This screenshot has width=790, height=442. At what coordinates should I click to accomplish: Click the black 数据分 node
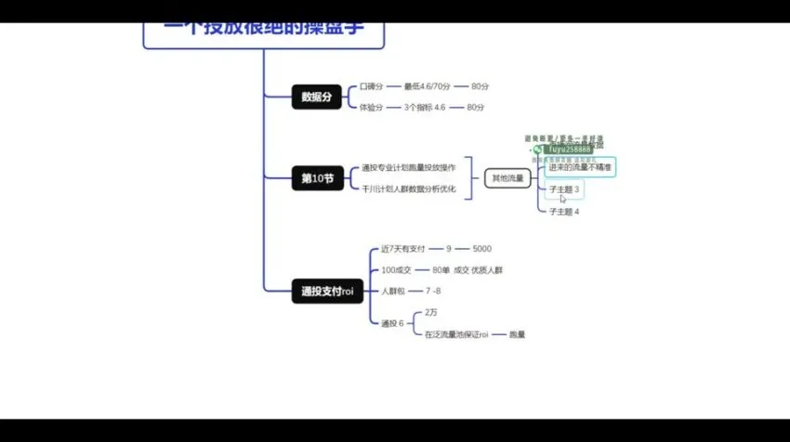click(316, 97)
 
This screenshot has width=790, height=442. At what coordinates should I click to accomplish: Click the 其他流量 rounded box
click(507, 177)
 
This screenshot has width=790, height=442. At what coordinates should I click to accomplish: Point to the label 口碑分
click(371, 86)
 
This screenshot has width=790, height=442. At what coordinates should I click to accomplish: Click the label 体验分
click(371, 108)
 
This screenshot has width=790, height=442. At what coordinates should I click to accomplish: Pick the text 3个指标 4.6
click(426, 108)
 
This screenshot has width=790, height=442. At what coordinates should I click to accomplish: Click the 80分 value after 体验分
click(476, 108)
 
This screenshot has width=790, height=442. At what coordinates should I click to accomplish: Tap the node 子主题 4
click(563, 212)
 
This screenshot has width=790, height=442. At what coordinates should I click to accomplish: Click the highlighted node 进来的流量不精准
click(579, 167)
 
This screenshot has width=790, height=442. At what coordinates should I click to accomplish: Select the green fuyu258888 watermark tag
click(564, 149)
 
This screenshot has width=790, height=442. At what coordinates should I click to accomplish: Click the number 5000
click(481, 249)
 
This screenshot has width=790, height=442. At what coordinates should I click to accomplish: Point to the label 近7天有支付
click(402, 249)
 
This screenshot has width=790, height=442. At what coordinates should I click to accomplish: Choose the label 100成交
click(396, 270)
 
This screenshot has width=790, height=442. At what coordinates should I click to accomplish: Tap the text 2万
click(431, 313)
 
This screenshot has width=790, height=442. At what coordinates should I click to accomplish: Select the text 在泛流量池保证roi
click(456, 334)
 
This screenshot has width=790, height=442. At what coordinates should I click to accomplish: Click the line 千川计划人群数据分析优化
click(409, 188)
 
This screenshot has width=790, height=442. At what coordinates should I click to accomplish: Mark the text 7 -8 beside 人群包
click(432, 292)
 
